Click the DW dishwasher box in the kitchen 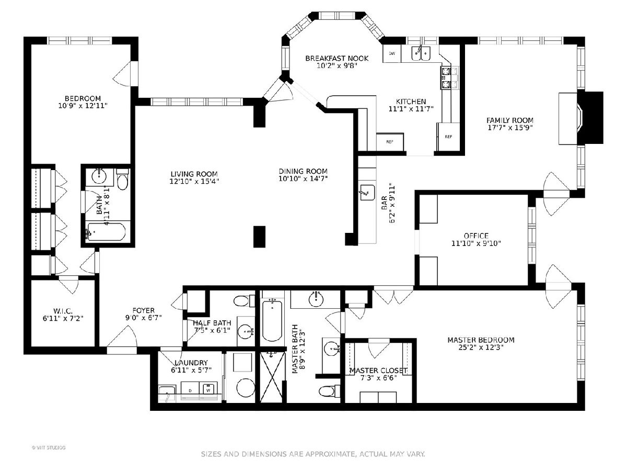pos(392,53)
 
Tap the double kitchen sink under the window pos(421,53)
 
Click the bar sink pos(367,193)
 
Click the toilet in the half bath pos(244,301)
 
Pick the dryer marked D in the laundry pos(190,390)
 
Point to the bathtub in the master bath pos(272,320)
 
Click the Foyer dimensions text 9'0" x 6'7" pos(144,318)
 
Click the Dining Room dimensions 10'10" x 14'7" pos(303,179)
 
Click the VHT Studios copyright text pos(49,447)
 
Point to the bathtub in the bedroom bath pos(106,231)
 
